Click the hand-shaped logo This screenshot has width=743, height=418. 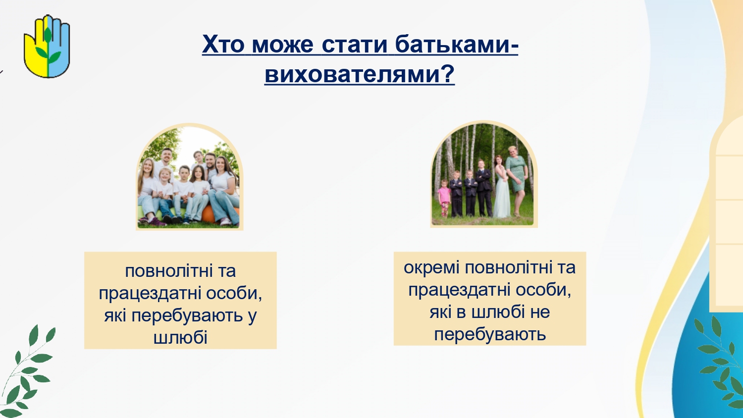(x=47, y=46)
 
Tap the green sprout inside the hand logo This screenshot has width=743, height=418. (x=48, y=49)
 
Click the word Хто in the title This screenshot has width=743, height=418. (x=223, y=44)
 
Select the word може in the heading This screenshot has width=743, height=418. (x=283, y=45)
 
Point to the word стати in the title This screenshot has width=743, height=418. (x=354, y=45)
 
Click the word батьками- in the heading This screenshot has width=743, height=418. (x=456, y=44)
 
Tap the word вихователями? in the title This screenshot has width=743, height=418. (x=360, y=74)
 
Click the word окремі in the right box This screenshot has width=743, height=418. (x=431, y=268)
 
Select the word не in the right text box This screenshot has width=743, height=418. (x=540, y=312)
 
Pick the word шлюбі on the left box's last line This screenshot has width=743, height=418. (x=181, y=338)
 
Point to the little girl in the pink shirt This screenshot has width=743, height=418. (x=444, y=198)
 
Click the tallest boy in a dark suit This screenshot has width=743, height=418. (x=483, y=187)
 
